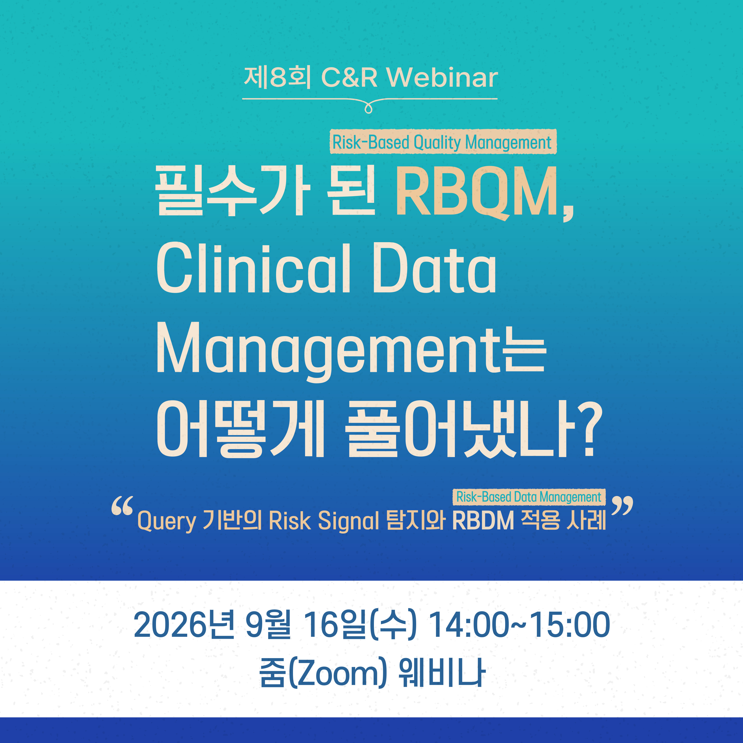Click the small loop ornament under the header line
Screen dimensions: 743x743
tap(368, 108)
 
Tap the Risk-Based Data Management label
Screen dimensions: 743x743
tap(529, 497)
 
